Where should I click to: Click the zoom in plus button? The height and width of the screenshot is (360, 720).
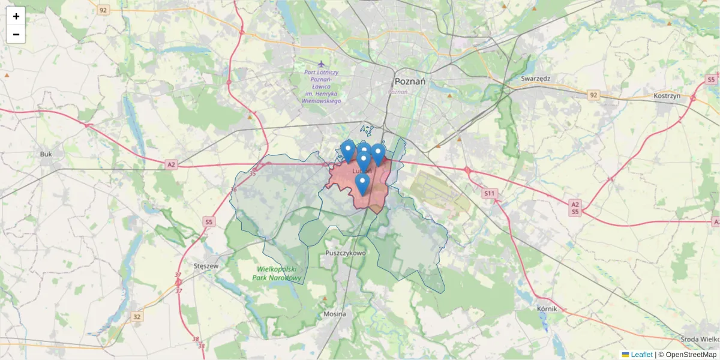tap(16, 16)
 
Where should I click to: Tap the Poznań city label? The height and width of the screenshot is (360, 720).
tap(410, 82)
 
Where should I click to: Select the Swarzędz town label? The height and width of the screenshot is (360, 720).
tap(536, 79)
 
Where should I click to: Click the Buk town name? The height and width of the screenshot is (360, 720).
tap(46, 154)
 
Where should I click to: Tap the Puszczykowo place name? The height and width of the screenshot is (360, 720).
tap(345, 253)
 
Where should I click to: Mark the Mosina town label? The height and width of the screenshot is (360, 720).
tap(334, 314)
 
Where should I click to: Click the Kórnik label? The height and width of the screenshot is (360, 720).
tap(548, 308)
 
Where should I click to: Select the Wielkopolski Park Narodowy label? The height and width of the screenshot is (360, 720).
tap(276, 274)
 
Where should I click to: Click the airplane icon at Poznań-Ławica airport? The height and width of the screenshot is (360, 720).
tap(322, 63)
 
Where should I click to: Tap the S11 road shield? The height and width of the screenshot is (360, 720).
tap(490, 193)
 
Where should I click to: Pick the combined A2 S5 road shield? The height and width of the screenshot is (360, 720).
tap(575, 208)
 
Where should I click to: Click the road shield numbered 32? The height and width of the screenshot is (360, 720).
tap(137, 316)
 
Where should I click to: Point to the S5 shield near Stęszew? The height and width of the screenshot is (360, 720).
tap(208, 222)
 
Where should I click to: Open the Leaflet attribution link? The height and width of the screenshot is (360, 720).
tap(641, 355)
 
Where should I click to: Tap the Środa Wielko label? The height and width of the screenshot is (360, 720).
tap(702, 338)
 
